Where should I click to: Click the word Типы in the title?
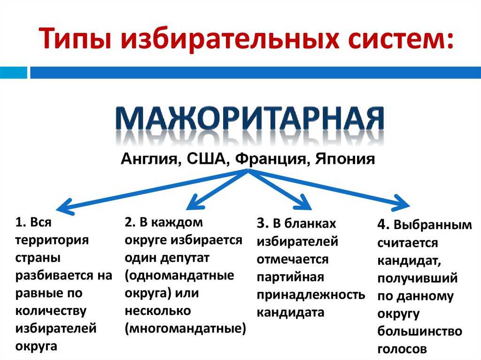tap(75, 38)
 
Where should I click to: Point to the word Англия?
tap(149, 159)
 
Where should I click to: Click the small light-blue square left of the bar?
tap(14, 73)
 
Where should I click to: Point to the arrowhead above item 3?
tap(304, 202)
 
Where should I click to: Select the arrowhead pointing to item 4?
tap(401, 203)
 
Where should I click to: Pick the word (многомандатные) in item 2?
tap(185, 329)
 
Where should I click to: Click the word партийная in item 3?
tap(290, 277)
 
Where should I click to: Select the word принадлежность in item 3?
tap(311, 295)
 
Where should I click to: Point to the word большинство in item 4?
tap(419, 331)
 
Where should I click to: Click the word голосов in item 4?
tap(402, 349)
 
